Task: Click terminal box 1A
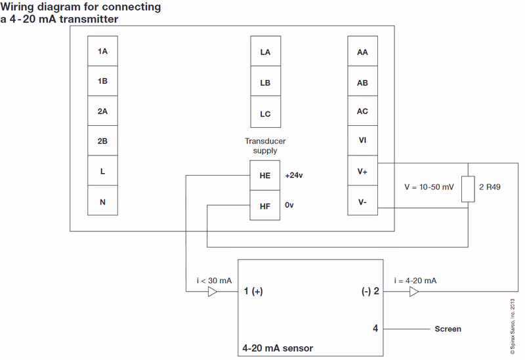102,51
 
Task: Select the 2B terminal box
102,141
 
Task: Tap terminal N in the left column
102,201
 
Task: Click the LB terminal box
265,83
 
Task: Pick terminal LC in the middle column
265,113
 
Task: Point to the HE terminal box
265,176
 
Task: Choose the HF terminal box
265,206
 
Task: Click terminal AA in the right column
362,52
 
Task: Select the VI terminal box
362,140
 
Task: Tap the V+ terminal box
362,171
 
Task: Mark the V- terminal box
362,201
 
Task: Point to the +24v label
295,176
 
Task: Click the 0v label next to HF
289,206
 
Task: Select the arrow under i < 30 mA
212,292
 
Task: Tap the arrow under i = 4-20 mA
414,292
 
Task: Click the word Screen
448,329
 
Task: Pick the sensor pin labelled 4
375,329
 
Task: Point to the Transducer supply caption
265,146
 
